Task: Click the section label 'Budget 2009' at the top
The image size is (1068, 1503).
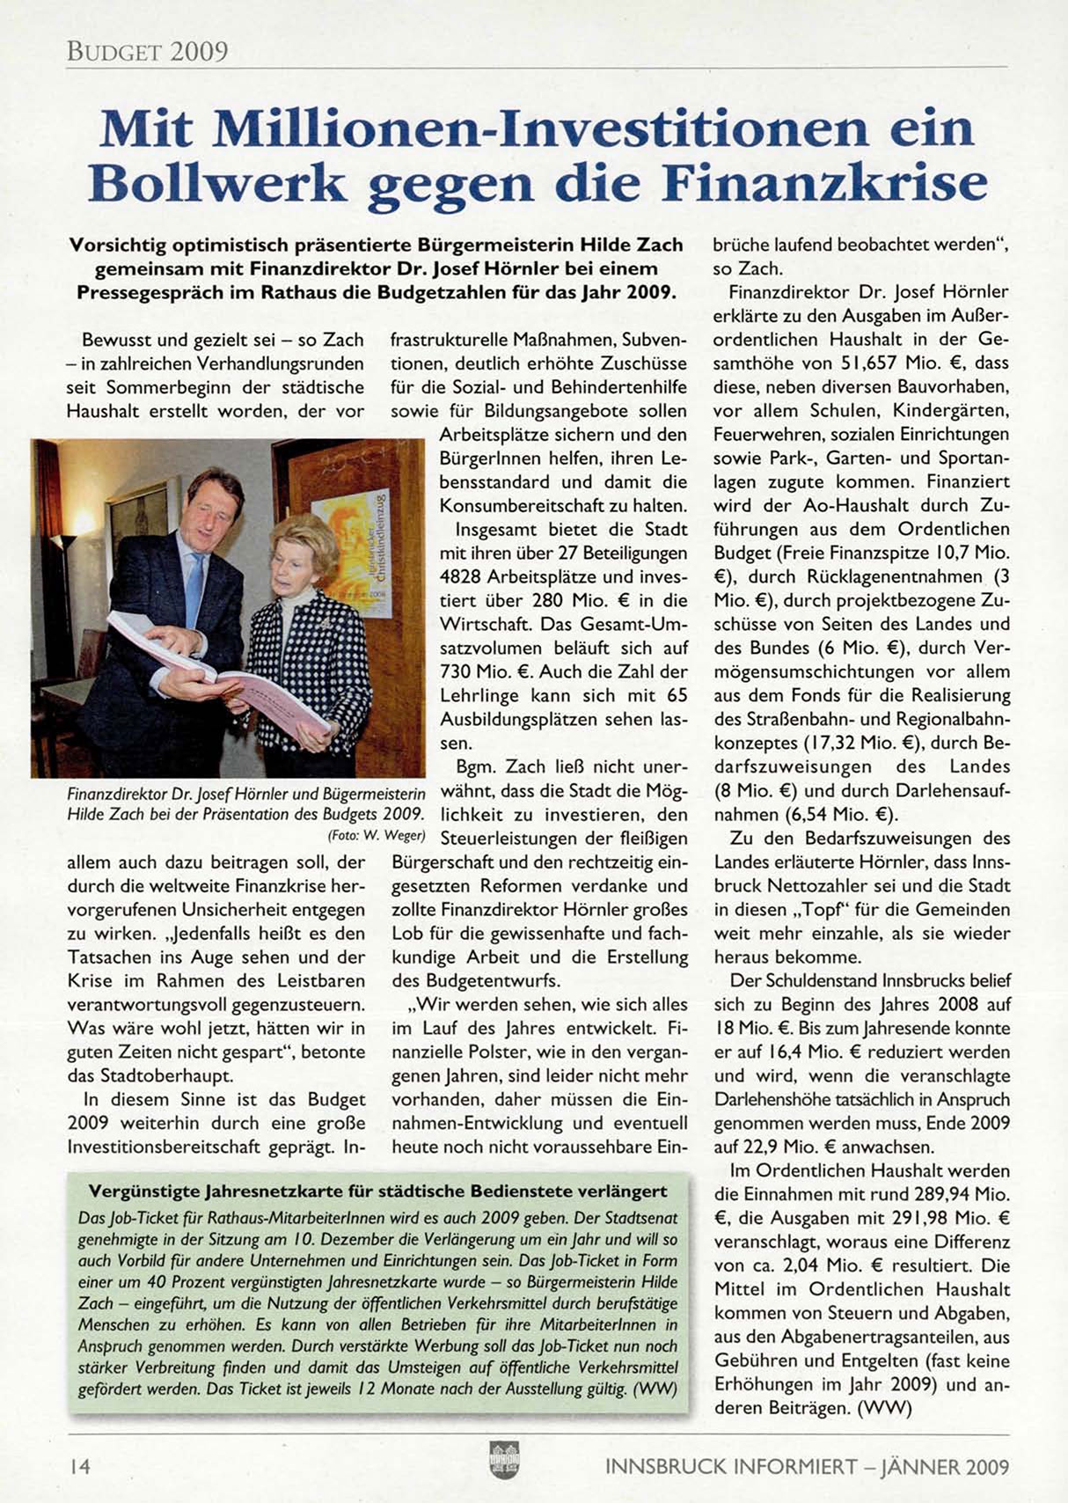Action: click(147, 51)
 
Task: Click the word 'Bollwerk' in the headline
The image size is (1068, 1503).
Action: click(217, 183)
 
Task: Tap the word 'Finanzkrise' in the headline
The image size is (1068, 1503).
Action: click(824, 183)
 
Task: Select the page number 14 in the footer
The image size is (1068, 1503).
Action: click(79, 1467)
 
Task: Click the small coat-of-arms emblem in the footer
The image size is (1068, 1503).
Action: click(504, 1460)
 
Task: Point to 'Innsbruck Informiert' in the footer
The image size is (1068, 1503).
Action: click(730, 1467)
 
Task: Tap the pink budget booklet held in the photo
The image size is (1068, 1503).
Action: click(264, 686)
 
